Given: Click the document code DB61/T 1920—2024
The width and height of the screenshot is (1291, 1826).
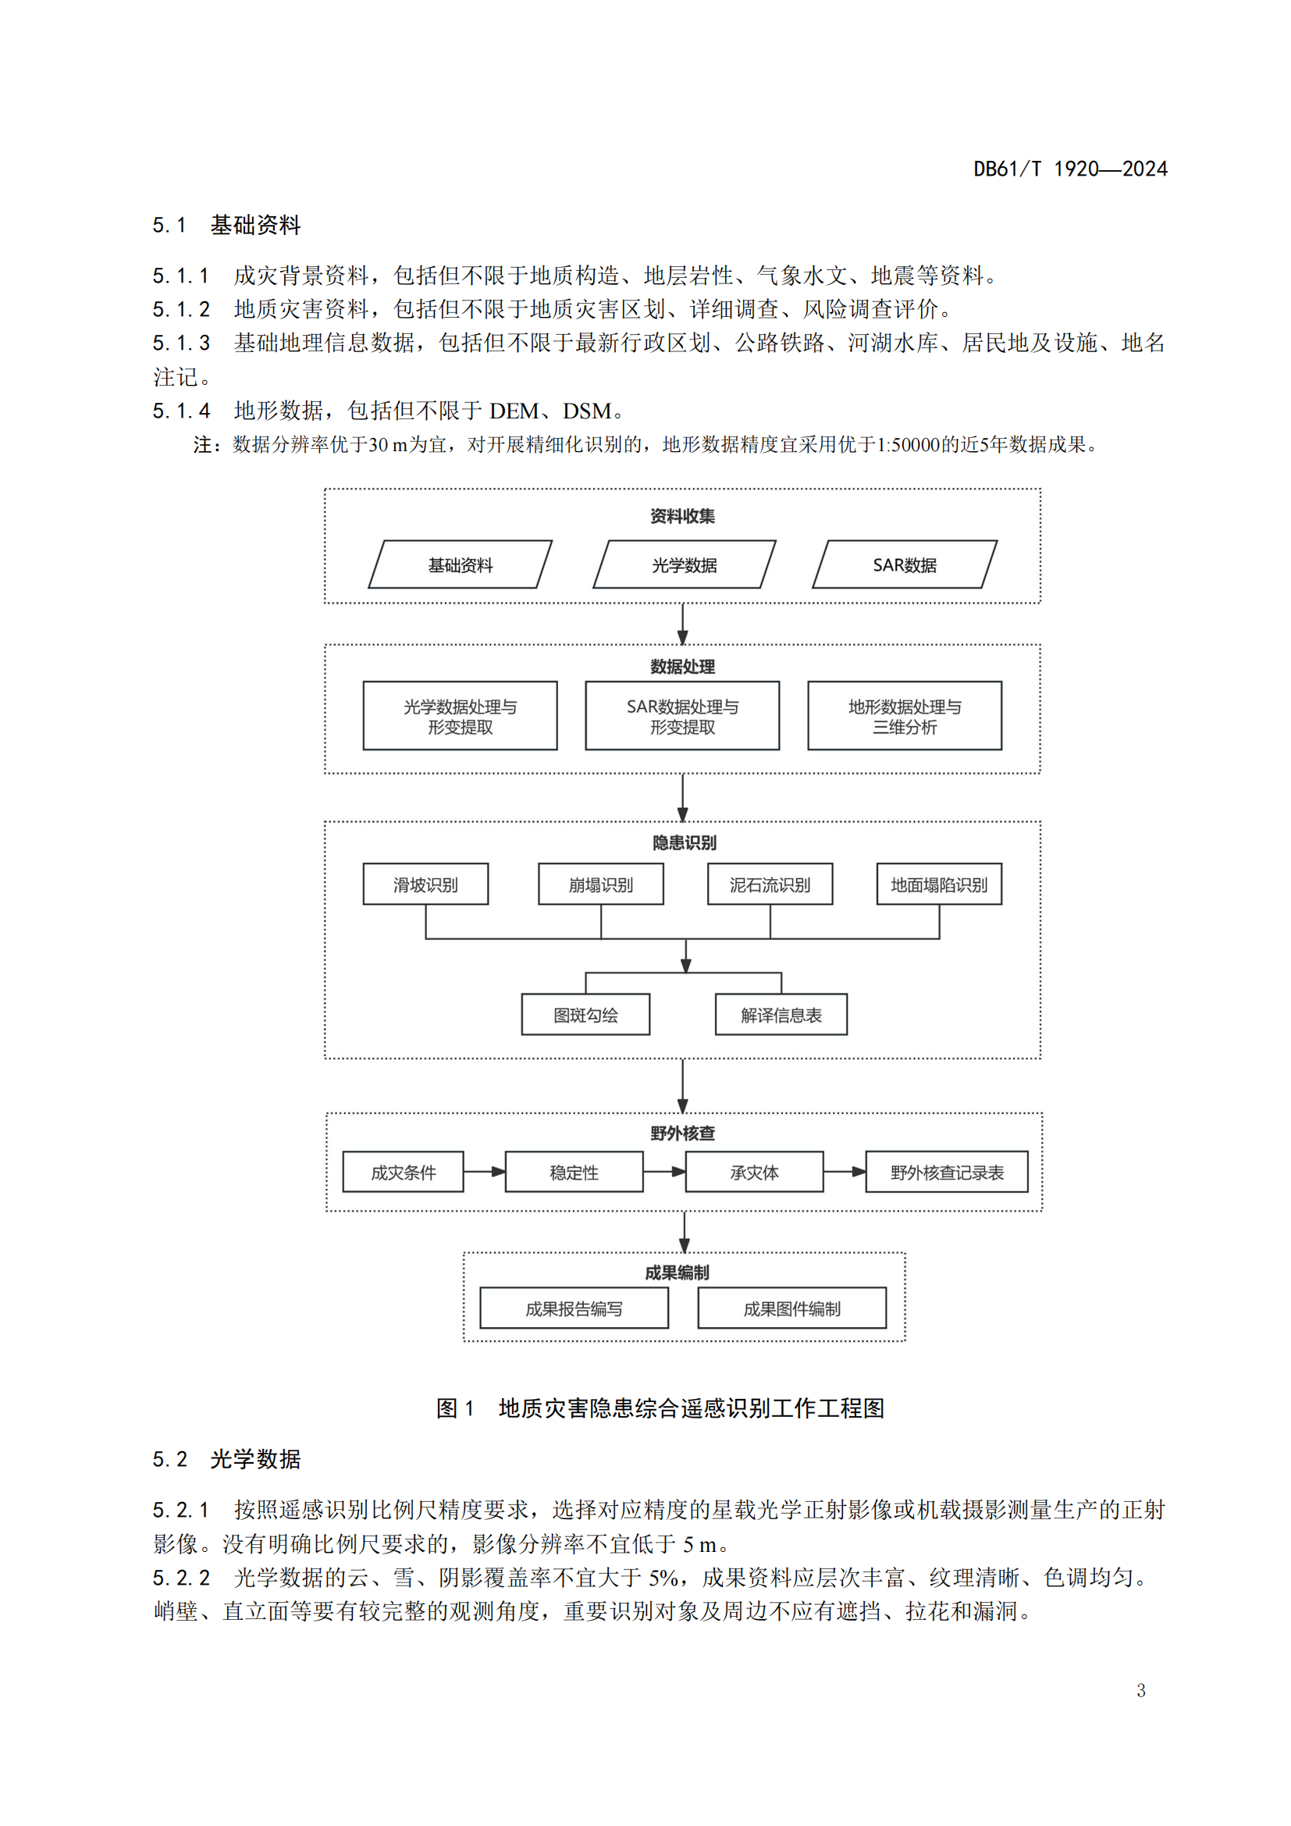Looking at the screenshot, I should pos(1070,169).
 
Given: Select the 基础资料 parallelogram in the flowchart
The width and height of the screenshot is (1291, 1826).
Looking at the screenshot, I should pos(461,564).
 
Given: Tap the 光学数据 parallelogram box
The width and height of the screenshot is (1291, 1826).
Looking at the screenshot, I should pos(685,564).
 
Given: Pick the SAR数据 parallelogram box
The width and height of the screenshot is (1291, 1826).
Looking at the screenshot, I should pos(905,564).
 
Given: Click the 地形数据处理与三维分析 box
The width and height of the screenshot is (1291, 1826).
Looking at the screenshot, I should pos(905,716).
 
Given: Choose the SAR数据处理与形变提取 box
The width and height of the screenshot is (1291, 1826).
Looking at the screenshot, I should pos(682,716).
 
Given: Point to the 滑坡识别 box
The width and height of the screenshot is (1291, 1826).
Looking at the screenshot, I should pos(425,885).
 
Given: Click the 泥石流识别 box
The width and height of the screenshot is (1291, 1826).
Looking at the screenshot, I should pos(770,885).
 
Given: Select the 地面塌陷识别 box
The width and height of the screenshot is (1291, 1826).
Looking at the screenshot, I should pos(939,885).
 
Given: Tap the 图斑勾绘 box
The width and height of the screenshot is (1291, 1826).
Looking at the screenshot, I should pos(586,1015).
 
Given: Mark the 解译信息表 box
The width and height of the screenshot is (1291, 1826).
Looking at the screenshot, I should pos(781,1015).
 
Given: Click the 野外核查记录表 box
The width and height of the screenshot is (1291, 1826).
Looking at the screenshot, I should pos(947,1173).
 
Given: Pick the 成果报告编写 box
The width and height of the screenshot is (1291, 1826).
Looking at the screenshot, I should pos(574,1308).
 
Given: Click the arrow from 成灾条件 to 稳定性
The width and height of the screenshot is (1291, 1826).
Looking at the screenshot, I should pos(484,1172).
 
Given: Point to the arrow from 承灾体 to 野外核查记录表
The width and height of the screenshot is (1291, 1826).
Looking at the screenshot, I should pos(845,1172).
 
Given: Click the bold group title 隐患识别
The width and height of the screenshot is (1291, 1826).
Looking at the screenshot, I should pos(684,842).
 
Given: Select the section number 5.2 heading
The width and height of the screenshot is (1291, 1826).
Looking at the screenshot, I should pos(170,1459).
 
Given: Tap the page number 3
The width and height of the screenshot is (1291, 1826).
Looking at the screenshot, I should pos(1141,1690).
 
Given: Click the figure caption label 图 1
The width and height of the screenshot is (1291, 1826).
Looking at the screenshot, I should pos(456,1408).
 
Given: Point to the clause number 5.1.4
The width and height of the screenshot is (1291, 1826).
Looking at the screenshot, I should pos(181,411).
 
